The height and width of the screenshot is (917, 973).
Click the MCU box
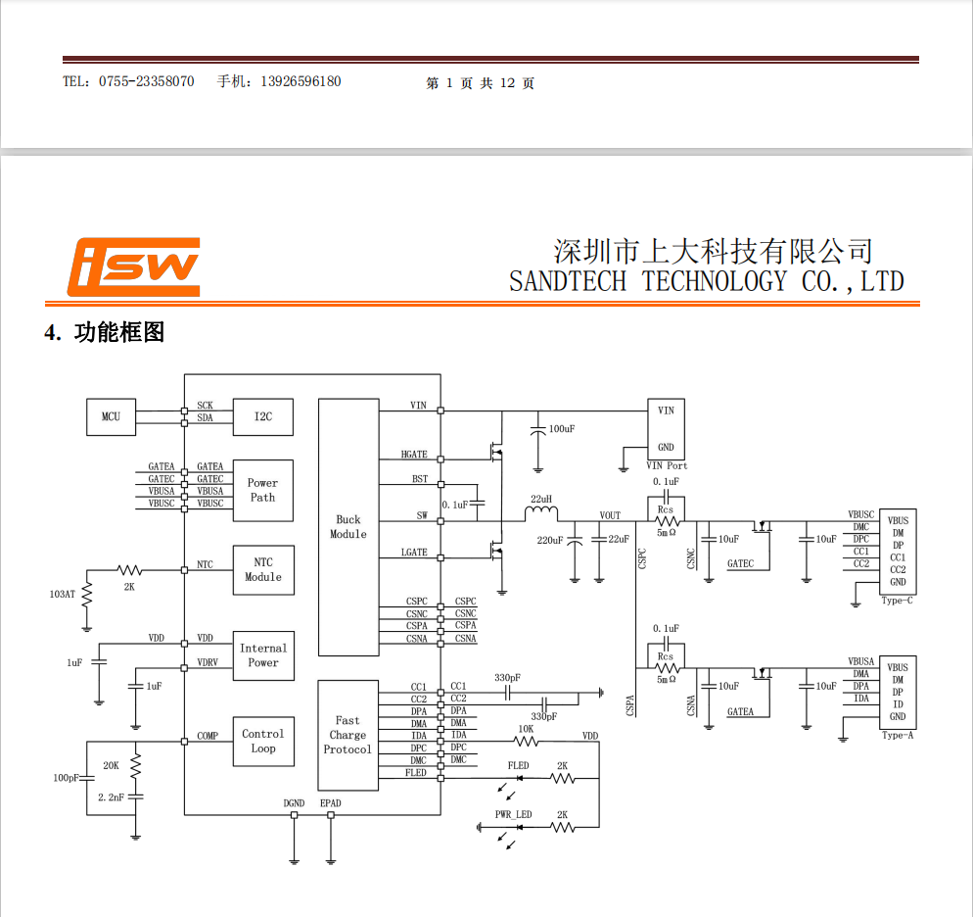tap(111, 417)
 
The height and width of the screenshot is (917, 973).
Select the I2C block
tap(263, 417)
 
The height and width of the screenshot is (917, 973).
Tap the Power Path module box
tap(262, 490)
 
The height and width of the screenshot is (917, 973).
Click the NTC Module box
tap(262, 570)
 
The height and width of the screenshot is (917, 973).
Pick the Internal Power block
tap(263, 655)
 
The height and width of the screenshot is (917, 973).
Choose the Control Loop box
tap(263, 742)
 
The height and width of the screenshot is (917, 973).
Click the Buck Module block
tap(347, 527)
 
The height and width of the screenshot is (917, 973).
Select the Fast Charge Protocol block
tap(347, 735)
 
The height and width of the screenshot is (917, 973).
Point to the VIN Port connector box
tap(666, 428)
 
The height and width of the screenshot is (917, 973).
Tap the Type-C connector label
tap(897, 601)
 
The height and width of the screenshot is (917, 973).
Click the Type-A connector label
tap(897, 735)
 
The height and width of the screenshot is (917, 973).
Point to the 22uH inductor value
tap(540, 499)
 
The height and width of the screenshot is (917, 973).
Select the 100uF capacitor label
tap(562, 429)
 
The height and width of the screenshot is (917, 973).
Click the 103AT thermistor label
tap(62, 594)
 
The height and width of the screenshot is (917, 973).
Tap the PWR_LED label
tap(513, 815)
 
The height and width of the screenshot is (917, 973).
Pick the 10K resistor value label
tap(526, 729)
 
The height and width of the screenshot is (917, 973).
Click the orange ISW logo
tap(133, 265)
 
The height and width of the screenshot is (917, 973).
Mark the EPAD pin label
tap(331, 803)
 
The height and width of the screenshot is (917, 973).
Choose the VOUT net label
tap(610, 515)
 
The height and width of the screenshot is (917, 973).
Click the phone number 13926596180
tap(301, 81)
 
